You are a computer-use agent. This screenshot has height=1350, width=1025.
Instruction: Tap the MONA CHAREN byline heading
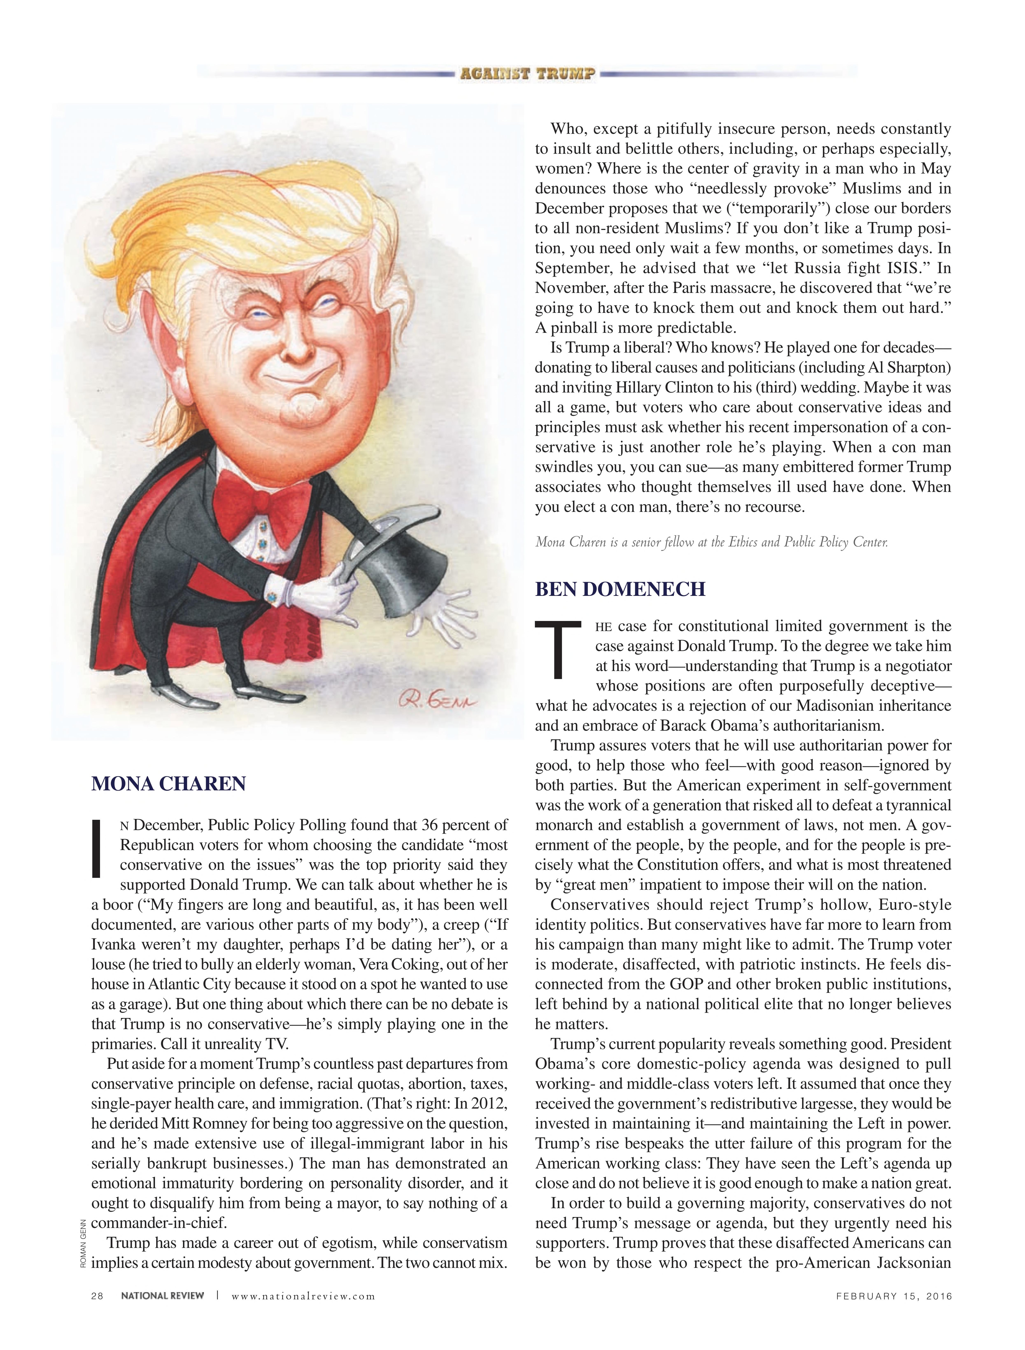(x=169, y=784)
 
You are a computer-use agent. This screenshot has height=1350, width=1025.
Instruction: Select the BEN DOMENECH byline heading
(x=620, y=589)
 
